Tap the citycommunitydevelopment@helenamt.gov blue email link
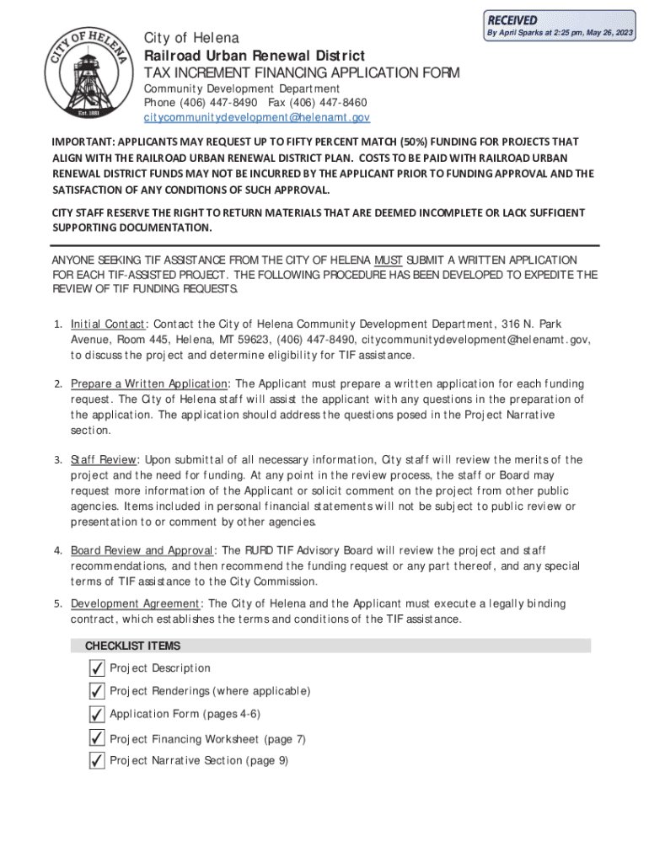[x=256, y=117]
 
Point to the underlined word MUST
[x=389, y=260]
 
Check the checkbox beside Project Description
[x=97, y=668]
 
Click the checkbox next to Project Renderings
[x=97, y=691]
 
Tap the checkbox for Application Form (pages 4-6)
[x=97, y=715]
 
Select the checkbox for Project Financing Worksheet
[x=97, y=738]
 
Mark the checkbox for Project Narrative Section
[x=97, y=761]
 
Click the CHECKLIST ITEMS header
[x=132, y=646]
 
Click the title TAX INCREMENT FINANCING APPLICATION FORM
[x=302, y=73]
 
